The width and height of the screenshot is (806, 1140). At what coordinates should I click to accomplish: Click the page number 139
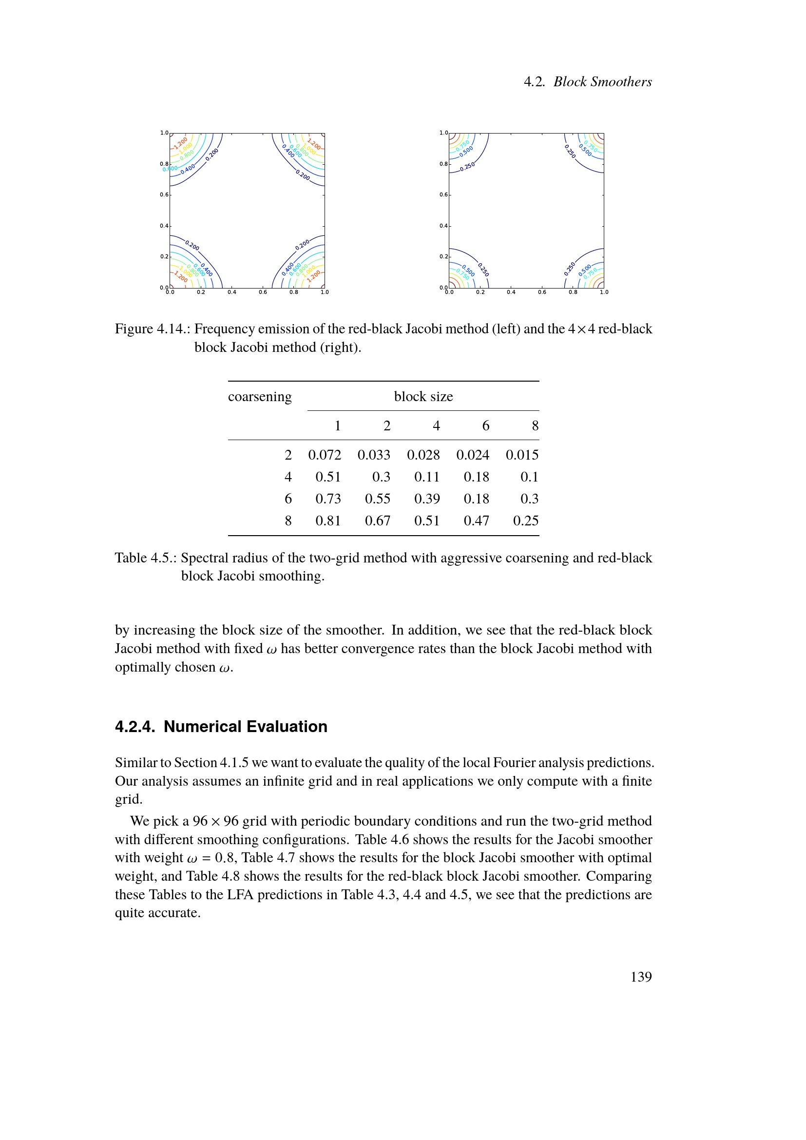click(x=641, y=977)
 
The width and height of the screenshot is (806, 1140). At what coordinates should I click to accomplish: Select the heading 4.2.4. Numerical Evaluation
click(x=221, y=726)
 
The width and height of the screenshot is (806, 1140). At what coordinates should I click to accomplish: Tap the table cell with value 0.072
click(x=325, y=455)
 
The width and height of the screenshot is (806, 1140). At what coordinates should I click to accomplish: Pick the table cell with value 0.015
click(x=521, y=455)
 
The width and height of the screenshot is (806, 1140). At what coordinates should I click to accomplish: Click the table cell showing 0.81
click(x=328, y=521)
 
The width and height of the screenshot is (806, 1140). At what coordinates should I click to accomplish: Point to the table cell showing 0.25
click(x=526, y=521)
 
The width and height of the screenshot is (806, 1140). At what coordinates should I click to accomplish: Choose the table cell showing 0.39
click(x=427, y=499)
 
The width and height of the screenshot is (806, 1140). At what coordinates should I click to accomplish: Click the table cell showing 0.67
click(x=377, y=521)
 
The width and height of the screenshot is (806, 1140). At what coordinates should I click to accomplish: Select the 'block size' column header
click(x=423, y=397)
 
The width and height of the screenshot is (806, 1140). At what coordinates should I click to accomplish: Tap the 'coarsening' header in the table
click(x=260, y=397)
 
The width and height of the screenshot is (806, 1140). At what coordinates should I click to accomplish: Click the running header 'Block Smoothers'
click(x=602, y=82)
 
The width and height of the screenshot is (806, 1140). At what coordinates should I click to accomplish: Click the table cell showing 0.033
click(x=374, y=455)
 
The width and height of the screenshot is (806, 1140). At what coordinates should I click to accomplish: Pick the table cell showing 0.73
click(x=328, y=499)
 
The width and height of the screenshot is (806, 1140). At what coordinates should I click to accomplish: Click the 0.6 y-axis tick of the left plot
click(x=164, y=194)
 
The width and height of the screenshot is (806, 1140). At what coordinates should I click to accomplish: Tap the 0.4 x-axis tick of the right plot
click(x=511, y=292)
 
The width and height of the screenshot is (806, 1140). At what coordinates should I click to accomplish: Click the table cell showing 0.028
click(x=423, y=455)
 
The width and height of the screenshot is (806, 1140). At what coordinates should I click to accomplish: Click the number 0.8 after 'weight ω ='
click(x=224, y=858)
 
